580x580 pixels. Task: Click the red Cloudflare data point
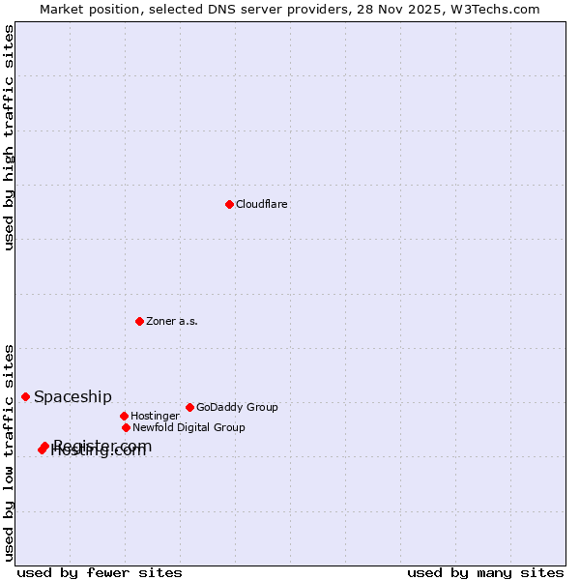(229, 204)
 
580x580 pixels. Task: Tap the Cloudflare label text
(262, 205)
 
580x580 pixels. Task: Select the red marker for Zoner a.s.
(139, 321)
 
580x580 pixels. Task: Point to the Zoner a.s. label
(172, 322)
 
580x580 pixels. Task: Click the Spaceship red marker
(25, 396)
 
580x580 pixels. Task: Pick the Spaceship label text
(72, 397)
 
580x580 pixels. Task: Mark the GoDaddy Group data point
(189, 407)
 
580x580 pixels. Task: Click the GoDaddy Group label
(237, 408)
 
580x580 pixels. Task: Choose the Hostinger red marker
(124, 416)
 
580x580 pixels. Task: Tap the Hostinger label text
(155, 417)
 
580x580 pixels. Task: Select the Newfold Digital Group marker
(126, 427)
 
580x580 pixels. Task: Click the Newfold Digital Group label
(188, 428)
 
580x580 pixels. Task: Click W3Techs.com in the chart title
(492, 9)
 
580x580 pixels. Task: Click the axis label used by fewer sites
(100, 573)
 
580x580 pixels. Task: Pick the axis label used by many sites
(485, 573)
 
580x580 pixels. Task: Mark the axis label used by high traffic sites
(9, 137)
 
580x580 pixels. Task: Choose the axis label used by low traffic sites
(9, 452)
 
